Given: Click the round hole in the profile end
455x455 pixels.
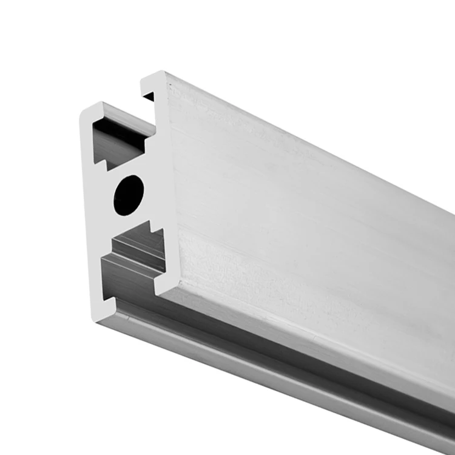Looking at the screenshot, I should [x=129, y=194].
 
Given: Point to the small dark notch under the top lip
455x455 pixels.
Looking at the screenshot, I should [x=149, y=96].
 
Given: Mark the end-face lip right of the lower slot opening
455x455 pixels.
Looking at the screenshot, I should [x=163, y=282].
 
